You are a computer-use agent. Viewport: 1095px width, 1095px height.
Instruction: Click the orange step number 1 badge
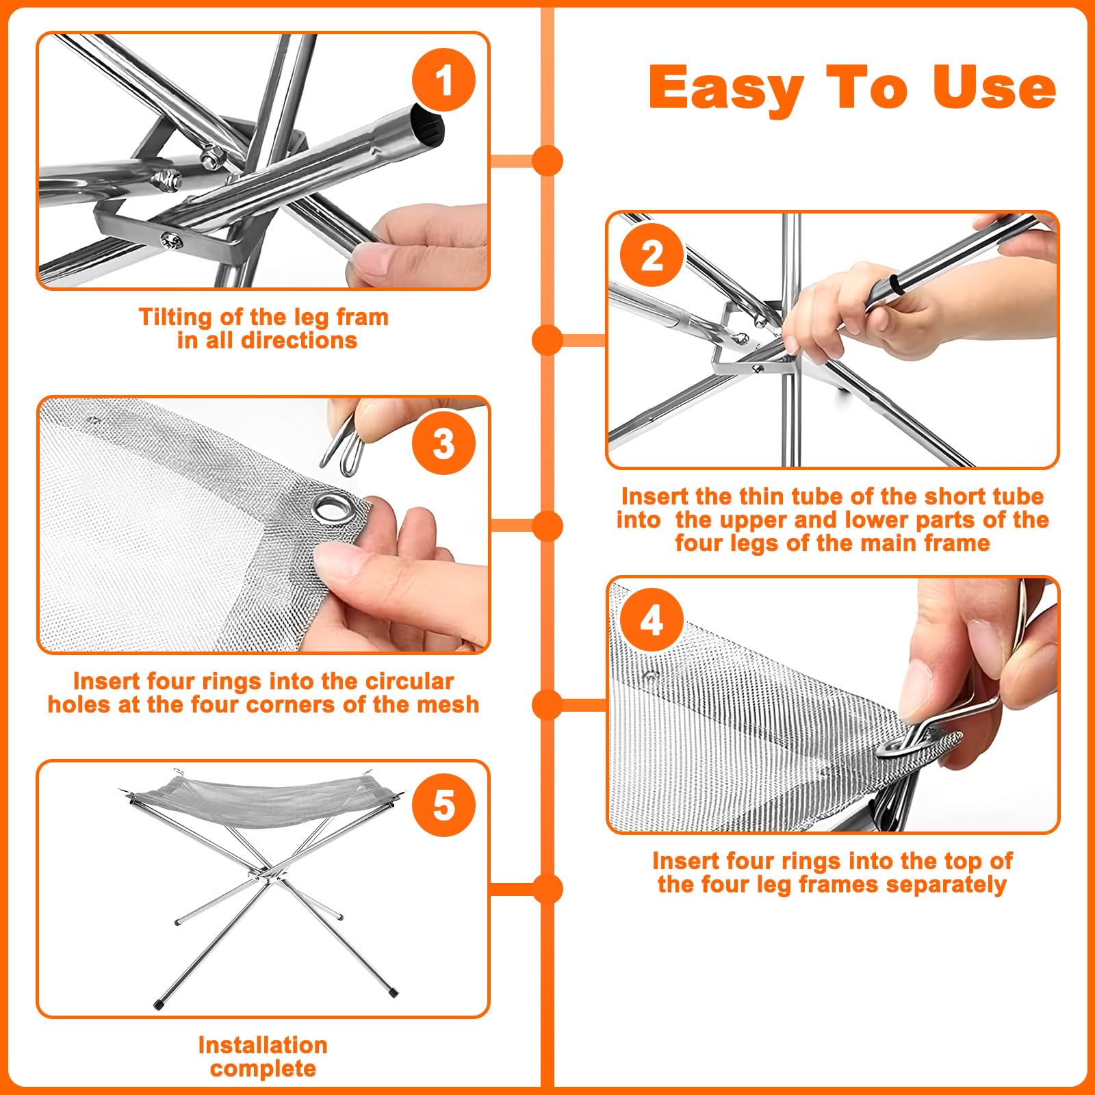point(443,80)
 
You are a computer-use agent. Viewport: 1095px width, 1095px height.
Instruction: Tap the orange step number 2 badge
point(652,256)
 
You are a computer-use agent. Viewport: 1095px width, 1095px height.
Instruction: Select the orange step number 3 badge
point(443,443)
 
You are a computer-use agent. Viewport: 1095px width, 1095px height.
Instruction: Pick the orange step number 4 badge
point(652,620)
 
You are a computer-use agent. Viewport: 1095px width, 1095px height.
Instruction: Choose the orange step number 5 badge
point(443,804)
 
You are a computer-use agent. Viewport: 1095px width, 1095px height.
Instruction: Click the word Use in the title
point(994,87)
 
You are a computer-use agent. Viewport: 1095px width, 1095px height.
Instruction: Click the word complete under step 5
point(263,1068)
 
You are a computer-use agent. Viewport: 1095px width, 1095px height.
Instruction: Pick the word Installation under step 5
point(263,1045)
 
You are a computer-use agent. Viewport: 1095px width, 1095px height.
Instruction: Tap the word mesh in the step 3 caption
point(448,704)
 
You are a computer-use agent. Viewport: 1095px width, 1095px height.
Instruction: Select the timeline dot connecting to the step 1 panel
point(547,161)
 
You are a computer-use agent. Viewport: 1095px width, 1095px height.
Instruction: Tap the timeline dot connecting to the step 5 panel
point(547,889)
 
